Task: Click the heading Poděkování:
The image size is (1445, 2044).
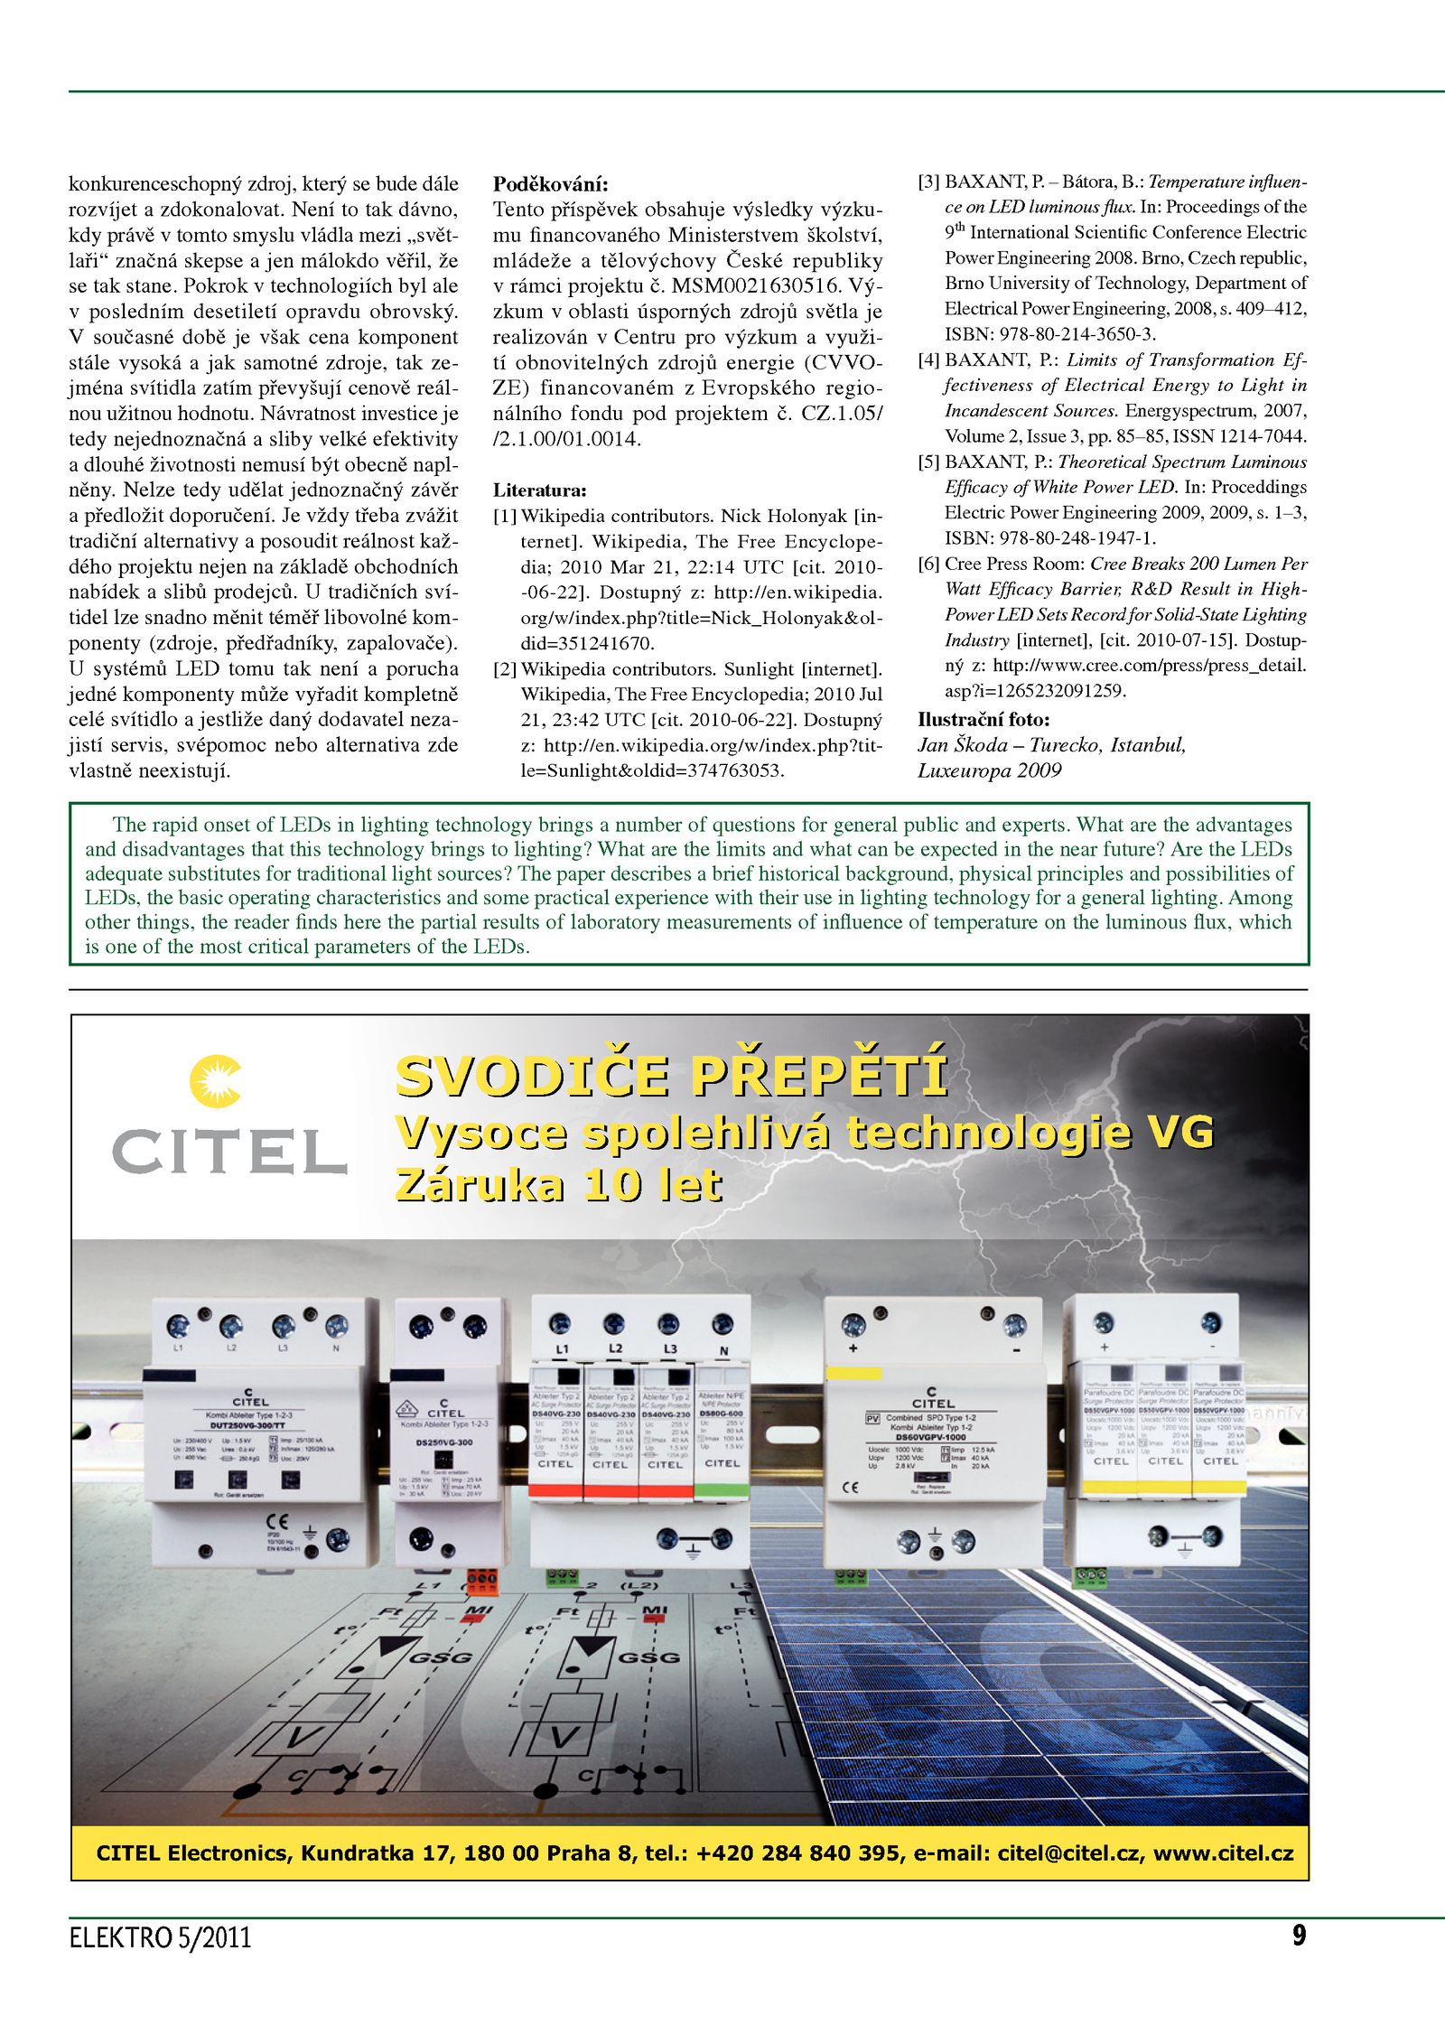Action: (550, 184)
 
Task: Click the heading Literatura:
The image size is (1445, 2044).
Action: (539, 490)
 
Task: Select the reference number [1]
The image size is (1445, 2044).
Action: (504, 517)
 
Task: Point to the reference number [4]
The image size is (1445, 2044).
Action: (928, 360)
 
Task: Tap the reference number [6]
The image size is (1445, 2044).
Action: (928, 565)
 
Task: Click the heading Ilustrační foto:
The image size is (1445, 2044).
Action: (984, 720)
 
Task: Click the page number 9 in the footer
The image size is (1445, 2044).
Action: (1299, 1935)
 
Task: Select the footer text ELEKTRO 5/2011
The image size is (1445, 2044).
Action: (160, 1938)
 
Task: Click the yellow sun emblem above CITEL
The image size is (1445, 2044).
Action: (215, 1081)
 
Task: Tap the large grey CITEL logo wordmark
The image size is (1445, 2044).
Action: (229, 1153)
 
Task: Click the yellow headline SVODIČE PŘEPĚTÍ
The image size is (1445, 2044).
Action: (672, 1076)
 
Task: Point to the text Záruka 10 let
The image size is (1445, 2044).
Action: (559, 1185)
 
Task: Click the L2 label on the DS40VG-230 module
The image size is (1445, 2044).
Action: (615, 1349)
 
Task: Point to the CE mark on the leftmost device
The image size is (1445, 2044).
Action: (276, 1522)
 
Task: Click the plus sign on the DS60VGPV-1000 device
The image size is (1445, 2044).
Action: (853, 1349)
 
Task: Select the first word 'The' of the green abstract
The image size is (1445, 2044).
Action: (128, 825)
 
